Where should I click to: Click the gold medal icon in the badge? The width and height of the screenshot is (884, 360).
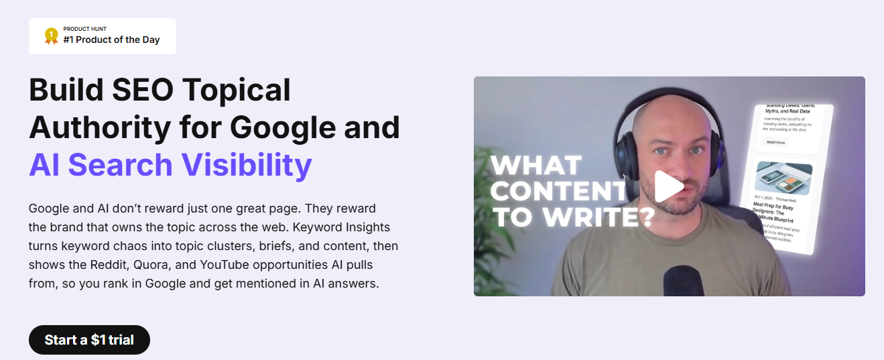click(x=51, y=36)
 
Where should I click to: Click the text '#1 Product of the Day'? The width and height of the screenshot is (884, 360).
click(x=111, y=40)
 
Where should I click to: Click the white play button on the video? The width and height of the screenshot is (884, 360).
click(x=668, y=186)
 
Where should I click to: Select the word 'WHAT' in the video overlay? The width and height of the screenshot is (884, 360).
click(x=535, y=166)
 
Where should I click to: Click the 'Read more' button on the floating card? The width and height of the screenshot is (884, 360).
click(x=776, y=142)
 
